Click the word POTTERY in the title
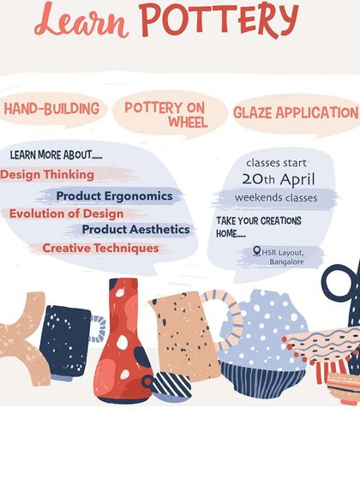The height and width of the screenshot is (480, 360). pyautogui.click(x=231, y=20)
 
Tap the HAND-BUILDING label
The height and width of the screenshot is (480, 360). pyautogui.click(x=51, y=110)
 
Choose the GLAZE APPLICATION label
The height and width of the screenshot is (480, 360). pyautogui.click(x=296, y=112)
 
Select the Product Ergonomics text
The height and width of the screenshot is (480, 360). pyautogui.click(x=114, y=196)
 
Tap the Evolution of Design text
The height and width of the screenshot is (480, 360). pyautogui.click(x=67, y=213)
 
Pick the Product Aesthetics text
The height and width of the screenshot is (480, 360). pyautogui.click(x=135, y=230)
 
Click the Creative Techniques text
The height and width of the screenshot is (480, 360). pyautogui.click(x=100, y=248)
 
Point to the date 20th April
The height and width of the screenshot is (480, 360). pyautogui.click(x=278, y=179)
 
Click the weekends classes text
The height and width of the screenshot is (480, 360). pyautogui.click(x=276, y=198)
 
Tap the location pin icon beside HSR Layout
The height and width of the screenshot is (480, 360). pyautogui.click(x=257, y=251)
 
